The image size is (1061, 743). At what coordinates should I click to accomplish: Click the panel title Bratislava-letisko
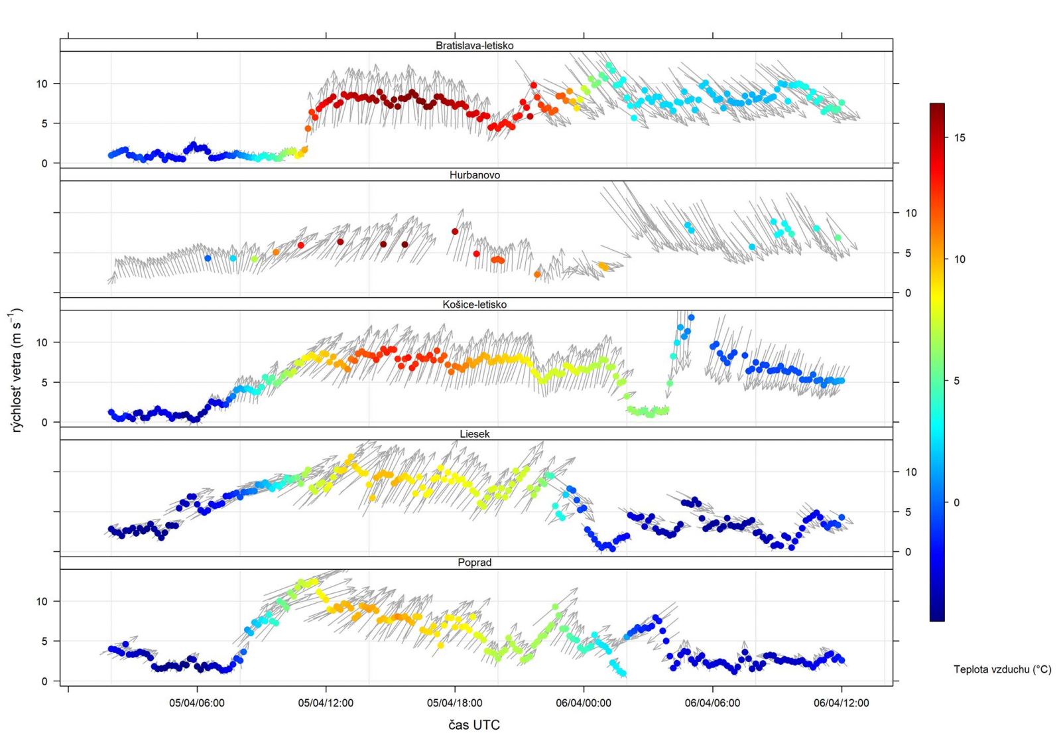474,46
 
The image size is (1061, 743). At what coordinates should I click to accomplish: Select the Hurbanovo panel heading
474,175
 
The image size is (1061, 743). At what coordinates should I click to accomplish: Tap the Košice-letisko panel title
474,304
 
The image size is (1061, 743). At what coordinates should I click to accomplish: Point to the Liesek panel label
474,434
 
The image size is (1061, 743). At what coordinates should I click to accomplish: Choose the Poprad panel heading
474,563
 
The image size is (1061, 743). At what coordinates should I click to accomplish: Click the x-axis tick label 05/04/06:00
196,703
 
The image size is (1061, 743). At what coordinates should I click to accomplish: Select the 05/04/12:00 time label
326,703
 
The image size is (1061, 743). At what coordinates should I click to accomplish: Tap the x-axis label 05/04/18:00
454,703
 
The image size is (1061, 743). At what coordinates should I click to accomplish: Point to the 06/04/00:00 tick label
584,703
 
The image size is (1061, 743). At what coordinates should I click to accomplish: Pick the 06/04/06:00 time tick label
712,703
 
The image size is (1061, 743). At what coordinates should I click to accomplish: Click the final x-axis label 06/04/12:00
841,703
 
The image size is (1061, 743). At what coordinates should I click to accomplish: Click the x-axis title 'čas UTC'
473,725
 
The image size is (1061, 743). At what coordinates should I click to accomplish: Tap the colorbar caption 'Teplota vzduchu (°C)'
1002,669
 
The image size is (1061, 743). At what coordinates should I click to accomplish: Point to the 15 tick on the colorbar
960,138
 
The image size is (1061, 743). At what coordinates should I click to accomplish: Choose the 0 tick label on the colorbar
956,503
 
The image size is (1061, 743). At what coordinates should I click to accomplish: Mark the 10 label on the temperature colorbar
960,259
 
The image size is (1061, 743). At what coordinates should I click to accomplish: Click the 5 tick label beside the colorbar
956,381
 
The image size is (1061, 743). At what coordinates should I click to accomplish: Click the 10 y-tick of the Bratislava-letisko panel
42,84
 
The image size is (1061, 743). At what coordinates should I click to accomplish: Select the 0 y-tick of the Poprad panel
44,681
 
